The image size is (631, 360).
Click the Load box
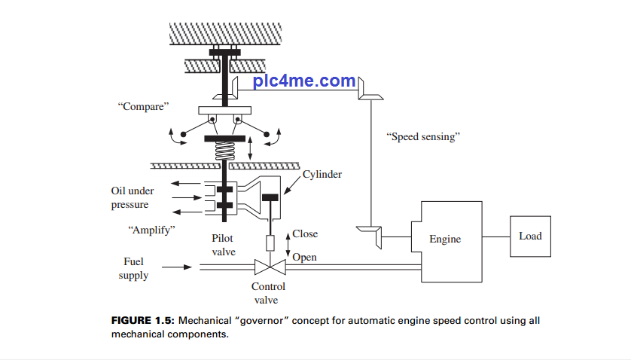click(530, 236)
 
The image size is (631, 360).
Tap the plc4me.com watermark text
click(304, 81)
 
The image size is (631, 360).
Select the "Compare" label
click(143, 106)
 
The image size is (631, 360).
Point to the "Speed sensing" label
click(422, 137)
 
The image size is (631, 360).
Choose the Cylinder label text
click(322, 175)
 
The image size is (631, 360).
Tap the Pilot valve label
click(224, 245)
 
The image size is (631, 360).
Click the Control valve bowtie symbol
click(269, 267)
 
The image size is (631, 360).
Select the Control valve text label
click(269, 293)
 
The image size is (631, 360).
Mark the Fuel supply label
click(133, 268)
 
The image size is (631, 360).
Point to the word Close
click(306, 234)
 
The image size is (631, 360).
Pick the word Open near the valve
click(304, 258)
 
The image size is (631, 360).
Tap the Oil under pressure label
click(132, 198)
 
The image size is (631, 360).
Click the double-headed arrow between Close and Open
click(288, 245)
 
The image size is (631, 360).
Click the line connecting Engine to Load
click(497, 236)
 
